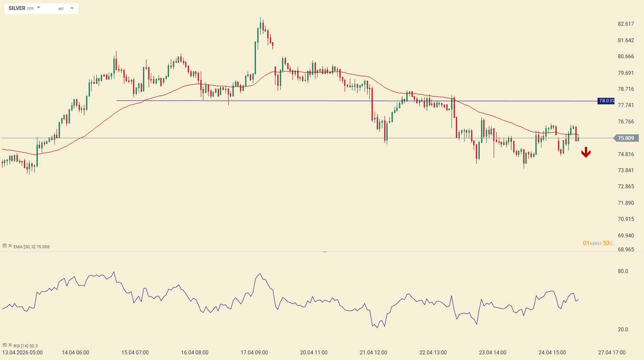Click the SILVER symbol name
click(17, 8)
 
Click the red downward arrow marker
click(586, 152)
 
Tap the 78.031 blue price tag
click(606, 101)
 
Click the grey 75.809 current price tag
click(626, 138)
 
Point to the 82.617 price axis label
click(626, 24)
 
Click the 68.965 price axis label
click(626, 250)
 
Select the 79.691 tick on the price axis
click(626, 73)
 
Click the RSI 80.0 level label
click(623, 271)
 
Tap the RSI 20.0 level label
click(623, 330)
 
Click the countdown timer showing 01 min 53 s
click(598, 243)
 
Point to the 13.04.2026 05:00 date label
click(23, 353)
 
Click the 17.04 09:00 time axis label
click(254, 353)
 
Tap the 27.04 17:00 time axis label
click(612, 353)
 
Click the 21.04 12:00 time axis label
click(373, 353)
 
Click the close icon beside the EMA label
click(10, 246)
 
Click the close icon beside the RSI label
click(10, 345)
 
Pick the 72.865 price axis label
click(626, 187)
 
